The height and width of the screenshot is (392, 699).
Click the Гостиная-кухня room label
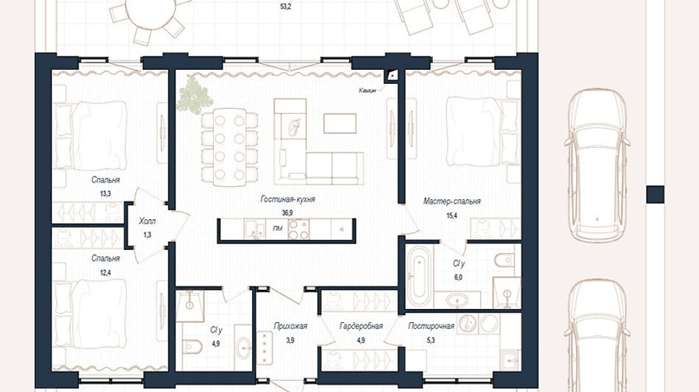coord(287,199)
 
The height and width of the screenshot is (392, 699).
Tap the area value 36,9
coord(287,213)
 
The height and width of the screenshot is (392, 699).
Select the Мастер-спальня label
coord(452,202)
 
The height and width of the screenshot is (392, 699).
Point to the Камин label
coord(368,90)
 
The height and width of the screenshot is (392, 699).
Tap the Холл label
coord(147,221)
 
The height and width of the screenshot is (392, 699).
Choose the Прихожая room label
coord(290,326)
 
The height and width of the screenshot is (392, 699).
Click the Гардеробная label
coord(361,326)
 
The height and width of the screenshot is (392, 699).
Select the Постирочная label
coord(431,326)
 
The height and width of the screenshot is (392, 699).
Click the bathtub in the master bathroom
coord(420,272)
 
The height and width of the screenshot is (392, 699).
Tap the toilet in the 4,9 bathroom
coord(192,346)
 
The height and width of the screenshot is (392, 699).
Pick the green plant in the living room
coord(193,96)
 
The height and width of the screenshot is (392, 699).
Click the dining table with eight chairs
coord(229,146)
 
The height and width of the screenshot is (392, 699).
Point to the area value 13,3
coord(106,193)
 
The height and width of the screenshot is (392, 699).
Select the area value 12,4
coord(106,272)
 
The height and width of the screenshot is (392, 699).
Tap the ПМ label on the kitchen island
coord(277,228)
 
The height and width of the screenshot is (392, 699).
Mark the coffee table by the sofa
coord(340,124)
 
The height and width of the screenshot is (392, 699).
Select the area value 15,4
coord(452,215)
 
